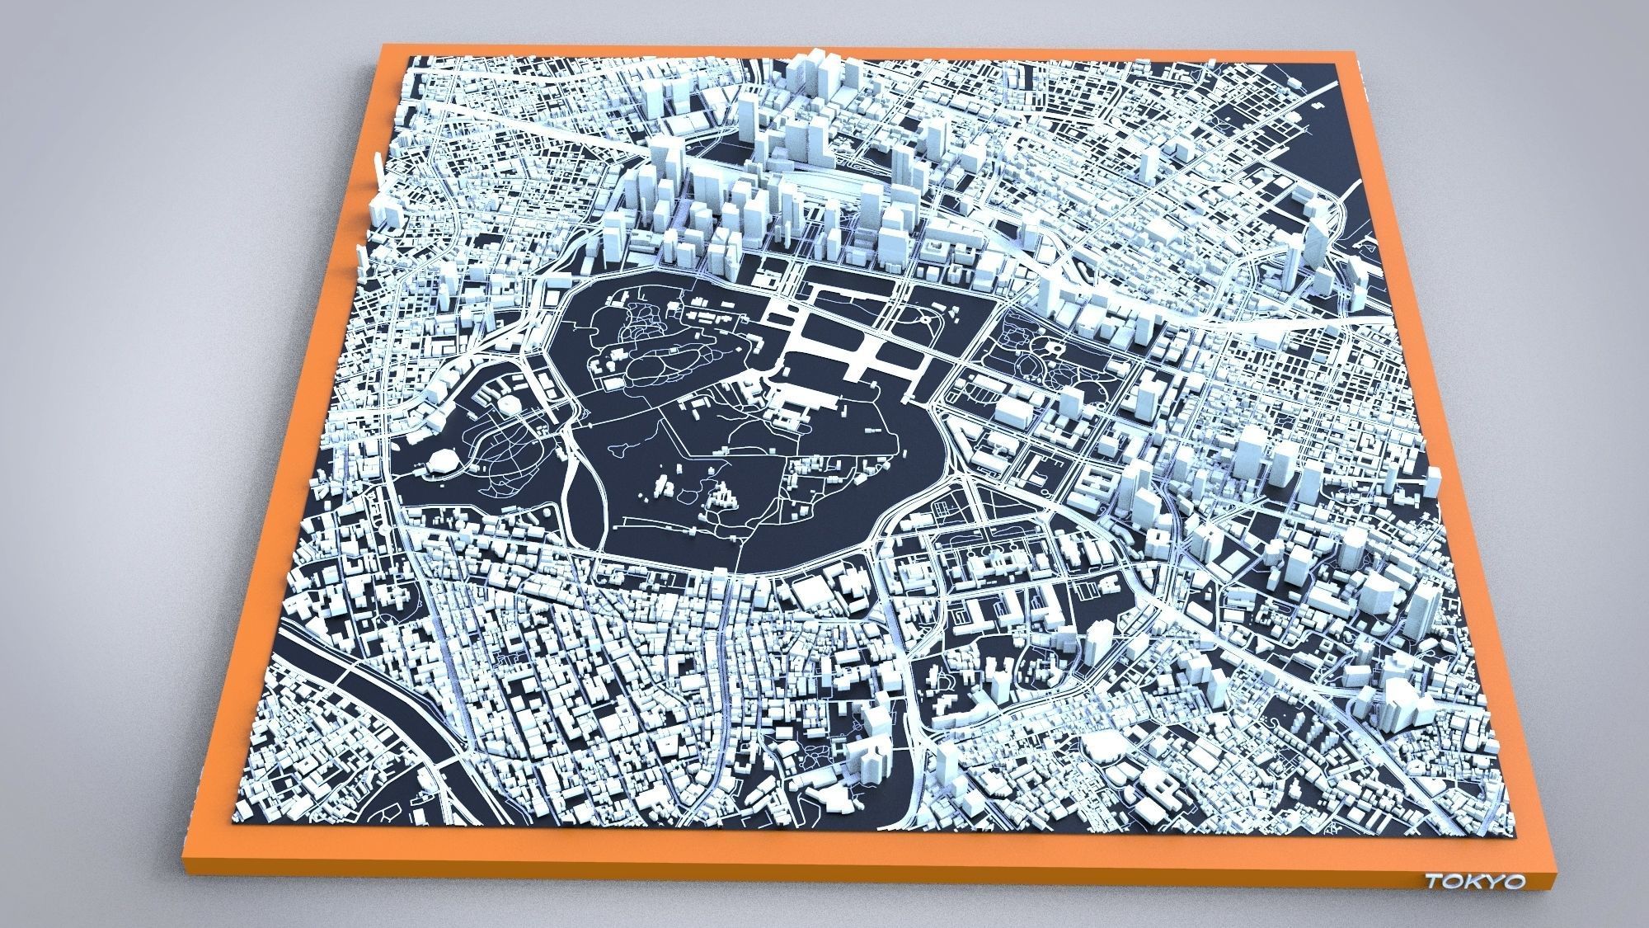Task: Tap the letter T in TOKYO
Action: (x=1435, y=882)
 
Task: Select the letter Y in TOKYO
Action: (x=1491, y=882)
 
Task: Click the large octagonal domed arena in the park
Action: (x=441, y=462)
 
